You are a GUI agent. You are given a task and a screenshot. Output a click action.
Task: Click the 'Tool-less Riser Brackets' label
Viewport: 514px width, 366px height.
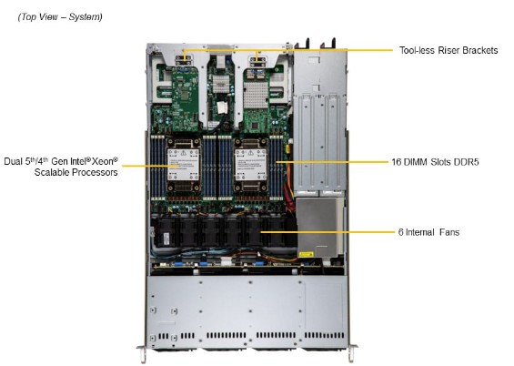point(448,50)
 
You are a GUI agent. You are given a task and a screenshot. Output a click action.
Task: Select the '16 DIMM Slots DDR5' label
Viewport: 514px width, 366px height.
point(436,162)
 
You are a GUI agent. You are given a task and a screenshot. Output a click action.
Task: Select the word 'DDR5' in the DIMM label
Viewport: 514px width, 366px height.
point(466,162)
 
